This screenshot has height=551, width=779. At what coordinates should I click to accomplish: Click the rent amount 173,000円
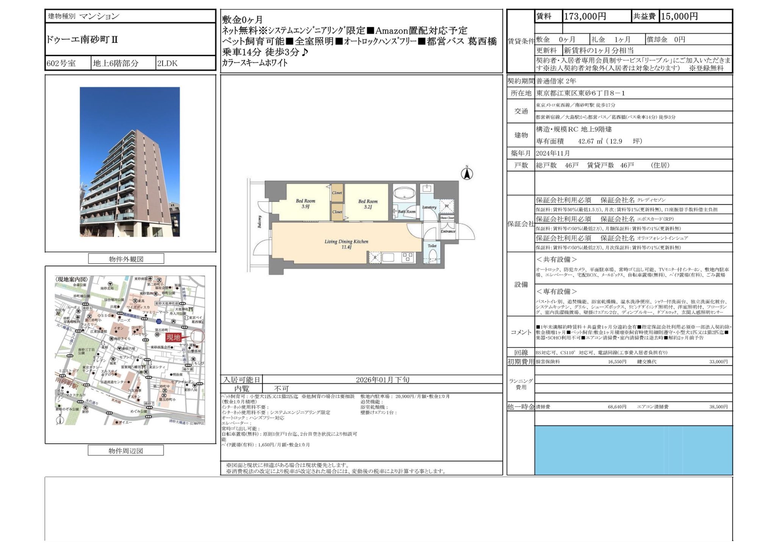[585, 16]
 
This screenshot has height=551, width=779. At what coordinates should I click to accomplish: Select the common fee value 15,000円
[679, 16]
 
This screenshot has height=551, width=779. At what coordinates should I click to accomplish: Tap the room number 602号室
[61, 63]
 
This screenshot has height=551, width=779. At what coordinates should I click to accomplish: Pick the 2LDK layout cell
[167, 63]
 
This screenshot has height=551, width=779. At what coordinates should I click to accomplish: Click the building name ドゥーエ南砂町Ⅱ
[82, 39]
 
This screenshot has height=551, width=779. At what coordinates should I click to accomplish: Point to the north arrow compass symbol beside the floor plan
[467, 174]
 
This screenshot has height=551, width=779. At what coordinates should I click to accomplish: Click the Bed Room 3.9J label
[305, 203]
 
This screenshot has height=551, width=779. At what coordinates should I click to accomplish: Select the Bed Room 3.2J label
[368, 204]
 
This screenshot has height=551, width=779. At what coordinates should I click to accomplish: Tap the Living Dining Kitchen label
[346, 244]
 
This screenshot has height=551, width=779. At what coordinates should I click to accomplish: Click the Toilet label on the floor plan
[432, 246]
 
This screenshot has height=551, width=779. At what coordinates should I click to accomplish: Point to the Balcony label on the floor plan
[260, 221]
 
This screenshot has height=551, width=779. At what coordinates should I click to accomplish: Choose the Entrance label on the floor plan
[448, 231]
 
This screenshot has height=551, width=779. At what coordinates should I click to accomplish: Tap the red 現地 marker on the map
[174, 337]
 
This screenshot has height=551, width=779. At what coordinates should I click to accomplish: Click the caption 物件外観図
[126, 259]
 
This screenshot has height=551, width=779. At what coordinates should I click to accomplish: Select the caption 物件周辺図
[126, 451]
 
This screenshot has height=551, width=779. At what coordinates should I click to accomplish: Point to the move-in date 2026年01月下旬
[382, 380]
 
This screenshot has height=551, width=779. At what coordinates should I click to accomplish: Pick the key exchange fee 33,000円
[718, 362]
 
